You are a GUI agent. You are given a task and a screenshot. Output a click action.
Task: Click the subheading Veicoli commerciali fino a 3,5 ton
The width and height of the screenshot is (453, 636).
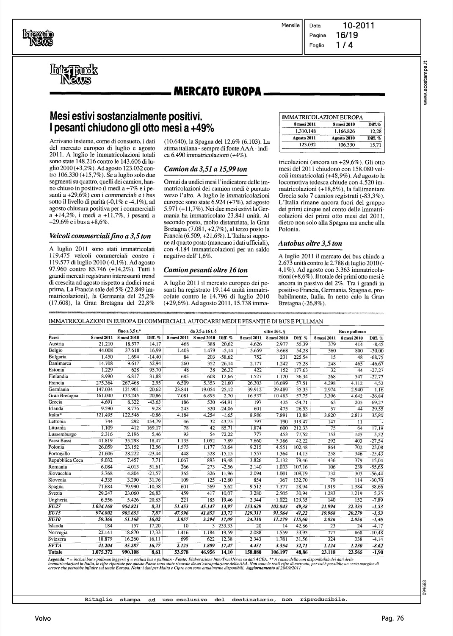pos(100,236)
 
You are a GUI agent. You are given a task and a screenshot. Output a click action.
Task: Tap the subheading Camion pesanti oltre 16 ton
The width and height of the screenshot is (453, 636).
pos(206,270)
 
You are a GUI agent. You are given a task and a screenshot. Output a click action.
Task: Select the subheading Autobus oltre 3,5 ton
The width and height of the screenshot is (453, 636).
pos(310,243)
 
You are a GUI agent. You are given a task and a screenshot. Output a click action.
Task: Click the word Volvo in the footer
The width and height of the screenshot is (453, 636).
pos(43,619)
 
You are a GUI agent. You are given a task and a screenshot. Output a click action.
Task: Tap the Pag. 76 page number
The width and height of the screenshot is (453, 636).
pos(392,619)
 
